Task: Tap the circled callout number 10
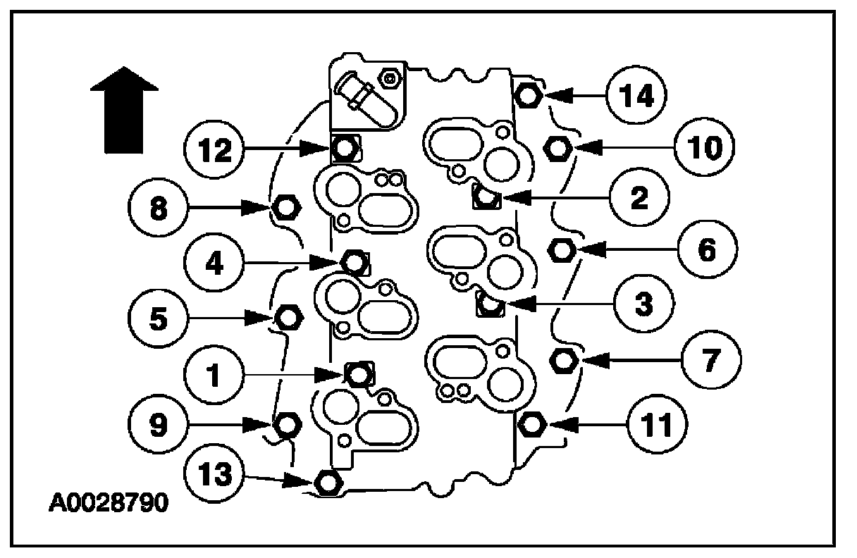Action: click(x=703, y=148)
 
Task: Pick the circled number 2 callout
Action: click(x=639, y=199)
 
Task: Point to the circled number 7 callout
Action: click(x=710, y=361)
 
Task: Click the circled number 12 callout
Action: click(x=215, y=149)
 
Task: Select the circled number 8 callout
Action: click(x=158, y=208)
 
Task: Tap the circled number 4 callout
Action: click(x=214, y=262)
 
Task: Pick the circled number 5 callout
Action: click(x=159, y=318)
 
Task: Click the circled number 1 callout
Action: click(x=214, y=373)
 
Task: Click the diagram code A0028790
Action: click(x=109, y=504)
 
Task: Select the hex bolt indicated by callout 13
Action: click(x=328, y=483)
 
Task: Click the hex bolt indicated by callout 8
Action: click(x=286, y=208)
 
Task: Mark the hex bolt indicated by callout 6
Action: click(x=561, y=249)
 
